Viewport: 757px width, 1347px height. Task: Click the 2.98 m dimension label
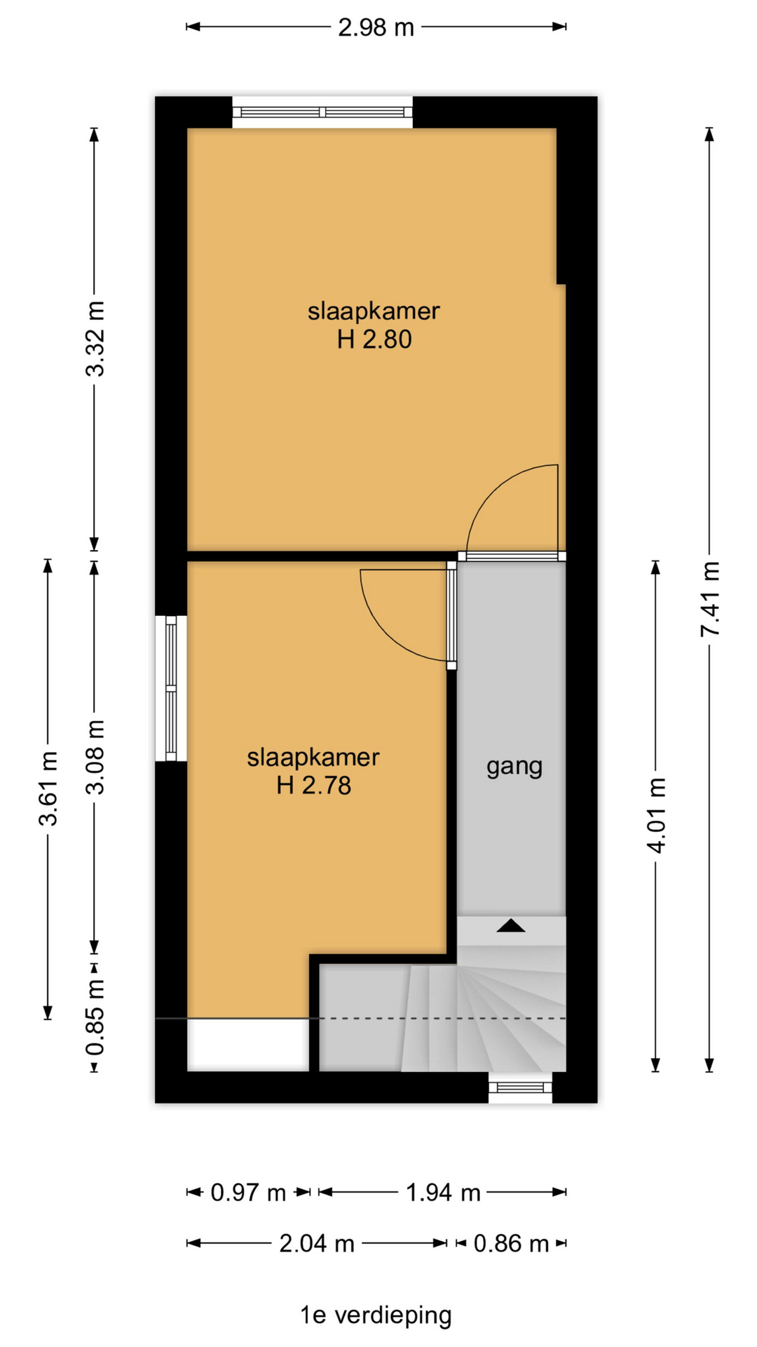(376, 27)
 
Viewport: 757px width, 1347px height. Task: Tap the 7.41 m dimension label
(710, 599)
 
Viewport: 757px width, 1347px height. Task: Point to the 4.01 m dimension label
(656, 815)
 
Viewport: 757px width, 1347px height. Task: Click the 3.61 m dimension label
(48, 789)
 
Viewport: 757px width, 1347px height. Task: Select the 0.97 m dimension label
(248, 1192)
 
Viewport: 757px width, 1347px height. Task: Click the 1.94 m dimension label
(443, 1192)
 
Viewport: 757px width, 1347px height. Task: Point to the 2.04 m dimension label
(317, 1244)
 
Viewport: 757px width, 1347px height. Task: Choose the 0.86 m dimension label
(511, 1244)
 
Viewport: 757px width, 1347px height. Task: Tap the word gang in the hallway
(514, 767)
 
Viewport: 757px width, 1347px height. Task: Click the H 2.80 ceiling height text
(374, 340)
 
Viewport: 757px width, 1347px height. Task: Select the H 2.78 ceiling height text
(313, 785)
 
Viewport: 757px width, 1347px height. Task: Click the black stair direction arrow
(511, 925)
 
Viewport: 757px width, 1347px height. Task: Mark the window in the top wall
(322, 112)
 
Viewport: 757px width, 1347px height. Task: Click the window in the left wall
(171, 688)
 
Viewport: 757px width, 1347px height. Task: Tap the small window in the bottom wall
(521, 1088)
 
